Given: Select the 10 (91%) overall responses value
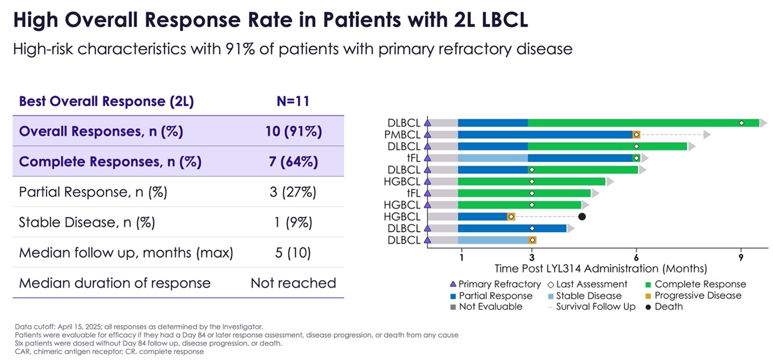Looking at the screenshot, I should [293, 131].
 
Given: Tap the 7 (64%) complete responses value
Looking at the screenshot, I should [293, 162].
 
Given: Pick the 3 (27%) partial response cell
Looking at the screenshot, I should [293, 193].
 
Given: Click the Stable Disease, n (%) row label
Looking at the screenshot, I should [87, 223].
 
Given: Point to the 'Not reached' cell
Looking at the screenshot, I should [293, 283].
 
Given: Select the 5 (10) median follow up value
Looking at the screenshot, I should [293, 253].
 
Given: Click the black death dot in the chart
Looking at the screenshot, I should [582, 217].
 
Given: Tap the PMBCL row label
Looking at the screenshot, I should [402, 134].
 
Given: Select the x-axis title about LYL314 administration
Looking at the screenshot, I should [600, 268].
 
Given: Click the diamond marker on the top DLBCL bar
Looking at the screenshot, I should [741, 123].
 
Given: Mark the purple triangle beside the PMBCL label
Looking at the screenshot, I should [428, 134].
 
